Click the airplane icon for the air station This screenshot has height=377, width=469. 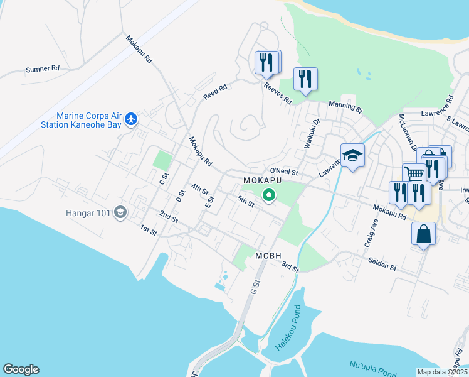131,118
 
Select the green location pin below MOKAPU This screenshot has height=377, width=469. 269,196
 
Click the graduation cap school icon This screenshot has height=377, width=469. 352,155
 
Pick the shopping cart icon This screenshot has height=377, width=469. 414,174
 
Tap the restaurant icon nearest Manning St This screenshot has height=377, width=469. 305,79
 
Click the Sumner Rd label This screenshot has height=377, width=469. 42,69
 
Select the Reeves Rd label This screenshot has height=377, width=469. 278,94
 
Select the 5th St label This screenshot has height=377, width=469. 245,202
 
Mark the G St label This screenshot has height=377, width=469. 254,288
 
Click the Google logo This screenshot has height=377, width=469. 21,369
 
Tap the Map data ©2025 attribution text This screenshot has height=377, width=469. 442,372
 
